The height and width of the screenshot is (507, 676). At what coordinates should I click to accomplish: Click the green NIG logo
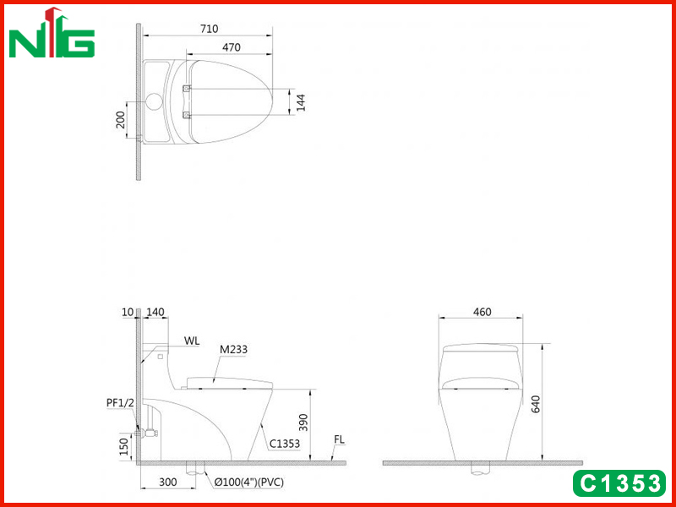pos(52,33)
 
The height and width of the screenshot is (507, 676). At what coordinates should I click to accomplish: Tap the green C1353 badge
pos(619,483)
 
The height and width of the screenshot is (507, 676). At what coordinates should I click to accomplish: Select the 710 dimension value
pos(209,29)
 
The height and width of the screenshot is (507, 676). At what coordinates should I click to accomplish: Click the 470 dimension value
pos(232,47)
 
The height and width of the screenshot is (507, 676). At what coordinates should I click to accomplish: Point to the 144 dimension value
pos(301,102)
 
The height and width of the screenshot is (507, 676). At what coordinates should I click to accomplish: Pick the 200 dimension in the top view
pos(120,119)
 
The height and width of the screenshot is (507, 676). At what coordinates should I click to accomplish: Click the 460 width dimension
pos(482,312)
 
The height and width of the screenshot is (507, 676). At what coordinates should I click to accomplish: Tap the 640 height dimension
pos(535,404)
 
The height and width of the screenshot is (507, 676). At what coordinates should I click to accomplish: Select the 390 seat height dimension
pos(303,422)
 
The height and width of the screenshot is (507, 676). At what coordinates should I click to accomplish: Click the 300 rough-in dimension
pos(167,482)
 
